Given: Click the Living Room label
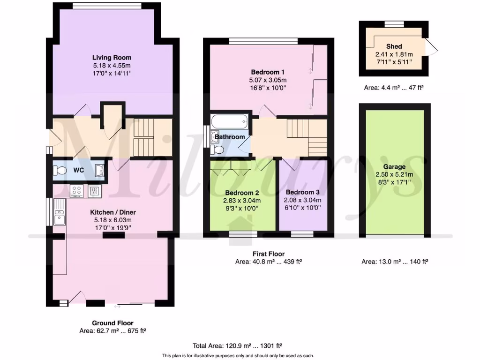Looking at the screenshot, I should [x=112, y=58].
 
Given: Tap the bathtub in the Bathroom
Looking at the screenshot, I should [x=229, y=122].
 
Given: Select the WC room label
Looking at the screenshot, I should [x=78, y=170].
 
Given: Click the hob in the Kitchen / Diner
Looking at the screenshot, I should [x=76, y=190].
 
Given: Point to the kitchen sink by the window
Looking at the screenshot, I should [x=60, y=212].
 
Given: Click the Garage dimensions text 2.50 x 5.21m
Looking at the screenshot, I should [x=394, y=175].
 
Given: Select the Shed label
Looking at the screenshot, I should [x=394, y=46].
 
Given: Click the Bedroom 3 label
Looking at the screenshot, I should [x=303, y=192].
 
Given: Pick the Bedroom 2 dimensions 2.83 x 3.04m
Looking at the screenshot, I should [x=242, y=201].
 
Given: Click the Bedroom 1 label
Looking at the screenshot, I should [x=268, y=72].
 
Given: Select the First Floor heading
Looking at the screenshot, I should [x=268, y=254].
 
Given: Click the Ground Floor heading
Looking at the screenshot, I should [x=112, y=323].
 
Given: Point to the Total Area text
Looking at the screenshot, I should [x=237, y=346].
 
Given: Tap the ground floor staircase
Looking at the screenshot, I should [x=147, y=137].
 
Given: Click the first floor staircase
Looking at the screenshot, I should [x=307, y=136].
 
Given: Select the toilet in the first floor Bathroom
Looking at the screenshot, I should [x=217, y=150].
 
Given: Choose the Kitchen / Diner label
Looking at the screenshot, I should [x=112, y=212].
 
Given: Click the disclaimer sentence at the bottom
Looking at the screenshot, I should [x=238, y=355].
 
